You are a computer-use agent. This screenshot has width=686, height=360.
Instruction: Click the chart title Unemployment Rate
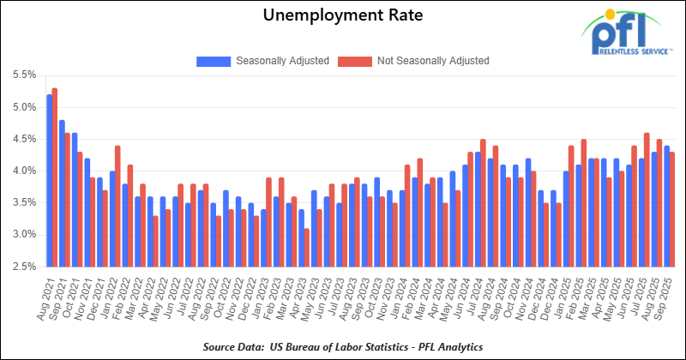342,16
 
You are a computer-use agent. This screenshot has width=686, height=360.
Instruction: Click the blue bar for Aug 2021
50,180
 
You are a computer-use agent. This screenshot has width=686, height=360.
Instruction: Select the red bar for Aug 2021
55,177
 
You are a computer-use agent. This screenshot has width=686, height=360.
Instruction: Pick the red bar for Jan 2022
117,206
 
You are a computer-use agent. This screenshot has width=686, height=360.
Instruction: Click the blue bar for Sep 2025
667,206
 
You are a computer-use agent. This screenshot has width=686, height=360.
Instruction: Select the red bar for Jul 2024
484,202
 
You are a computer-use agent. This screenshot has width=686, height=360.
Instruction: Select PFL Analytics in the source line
447,345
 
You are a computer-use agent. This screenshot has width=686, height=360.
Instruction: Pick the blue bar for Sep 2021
63,193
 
